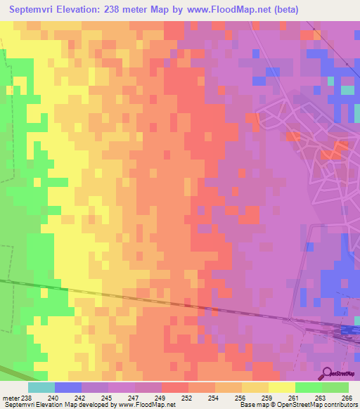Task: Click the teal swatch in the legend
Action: tap(41, 387)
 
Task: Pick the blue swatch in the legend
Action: tap(68, 387)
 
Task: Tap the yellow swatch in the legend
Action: tap(282, 387)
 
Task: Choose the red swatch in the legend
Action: tap(175, 387)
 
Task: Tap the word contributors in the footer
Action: tap(340, 405)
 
